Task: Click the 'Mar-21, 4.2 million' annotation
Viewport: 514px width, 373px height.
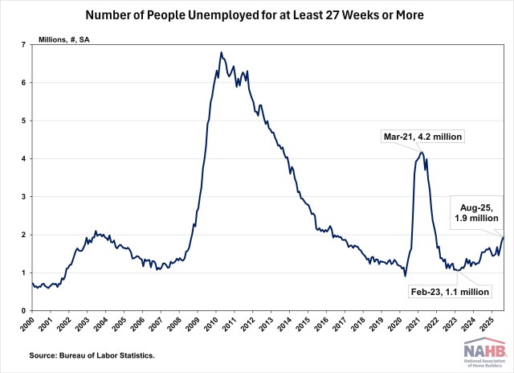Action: pos(424,137)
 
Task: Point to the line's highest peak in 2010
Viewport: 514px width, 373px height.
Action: pos(221,53)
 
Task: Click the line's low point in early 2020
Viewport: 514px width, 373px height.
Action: pos(405,276)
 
